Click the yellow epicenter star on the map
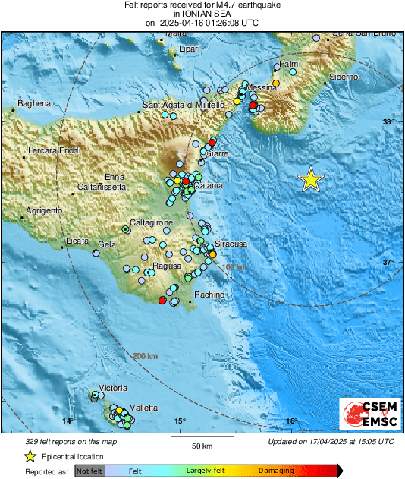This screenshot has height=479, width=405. point(311,179)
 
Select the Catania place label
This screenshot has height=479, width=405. point(208,185)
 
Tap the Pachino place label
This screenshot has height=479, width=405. point(209,294)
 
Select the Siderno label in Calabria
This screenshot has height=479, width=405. point(344,77)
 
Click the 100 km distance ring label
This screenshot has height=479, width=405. point(235,267)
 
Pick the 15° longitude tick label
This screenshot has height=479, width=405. point(179,421)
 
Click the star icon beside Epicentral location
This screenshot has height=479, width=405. point(30,456)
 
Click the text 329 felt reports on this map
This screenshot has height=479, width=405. point(61,441)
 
